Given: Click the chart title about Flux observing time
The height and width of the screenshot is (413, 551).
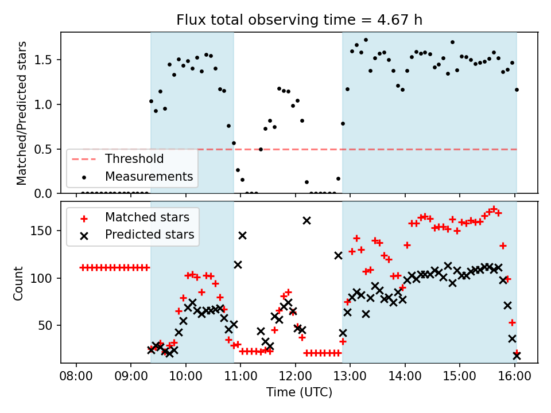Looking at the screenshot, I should pos(298,21).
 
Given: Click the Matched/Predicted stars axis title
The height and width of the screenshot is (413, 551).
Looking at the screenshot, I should pos(21,113).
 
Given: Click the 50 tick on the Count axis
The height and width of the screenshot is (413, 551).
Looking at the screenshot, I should pos(49,325).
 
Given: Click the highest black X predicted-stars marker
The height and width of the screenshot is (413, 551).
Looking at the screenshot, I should pos(306,220).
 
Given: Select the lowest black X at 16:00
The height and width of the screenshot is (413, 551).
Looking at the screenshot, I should pos(517,356).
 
